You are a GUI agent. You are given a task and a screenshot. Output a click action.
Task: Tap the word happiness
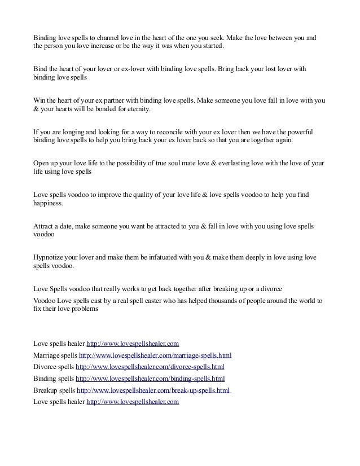(x=48, y=203)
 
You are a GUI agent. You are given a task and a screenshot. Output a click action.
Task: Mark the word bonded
(x=104, y=108)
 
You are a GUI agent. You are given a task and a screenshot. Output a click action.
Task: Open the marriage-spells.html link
(x=155, y=355)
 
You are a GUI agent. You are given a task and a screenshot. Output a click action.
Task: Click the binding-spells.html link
(x=150, y=378)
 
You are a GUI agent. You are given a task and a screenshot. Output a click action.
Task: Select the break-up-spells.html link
(x=153, y=390)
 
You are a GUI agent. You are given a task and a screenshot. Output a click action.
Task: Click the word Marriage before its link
(x=47, y=355)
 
